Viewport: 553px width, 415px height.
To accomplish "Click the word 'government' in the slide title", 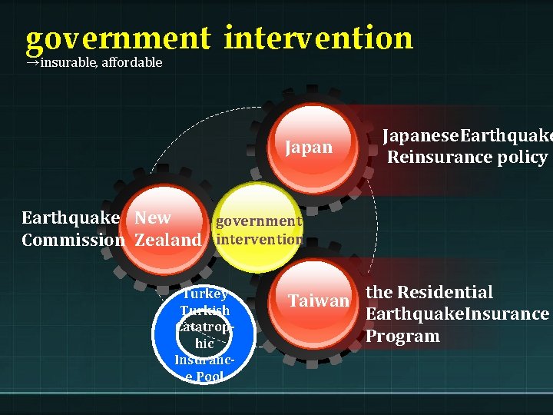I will [117, 38].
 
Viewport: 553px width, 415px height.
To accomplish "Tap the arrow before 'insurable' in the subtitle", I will [32, 63].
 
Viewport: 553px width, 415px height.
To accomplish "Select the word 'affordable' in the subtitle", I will [131, 63].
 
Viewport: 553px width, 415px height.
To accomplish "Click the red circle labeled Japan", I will [309, 147].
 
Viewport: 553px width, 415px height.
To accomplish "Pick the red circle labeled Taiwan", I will [318, 300].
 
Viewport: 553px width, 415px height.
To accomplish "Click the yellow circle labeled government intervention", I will [258, 229].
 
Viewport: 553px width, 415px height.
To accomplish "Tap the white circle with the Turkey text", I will [204, 335].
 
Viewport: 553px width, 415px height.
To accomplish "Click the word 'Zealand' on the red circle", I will [167, 240].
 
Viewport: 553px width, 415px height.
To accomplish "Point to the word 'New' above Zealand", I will [153, 217].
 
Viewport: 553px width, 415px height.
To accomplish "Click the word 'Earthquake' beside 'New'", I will [71, 217].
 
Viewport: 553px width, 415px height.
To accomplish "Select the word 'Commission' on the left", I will [73, 240].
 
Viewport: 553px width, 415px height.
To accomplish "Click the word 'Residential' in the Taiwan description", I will [445, 292].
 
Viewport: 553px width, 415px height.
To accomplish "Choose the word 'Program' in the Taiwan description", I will [402, 336].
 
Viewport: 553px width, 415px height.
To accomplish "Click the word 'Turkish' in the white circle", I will [204, 310].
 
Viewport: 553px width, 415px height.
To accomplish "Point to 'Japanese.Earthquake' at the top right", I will [467, 136].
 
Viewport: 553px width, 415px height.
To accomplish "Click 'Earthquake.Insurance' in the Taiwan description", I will [457, 314].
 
